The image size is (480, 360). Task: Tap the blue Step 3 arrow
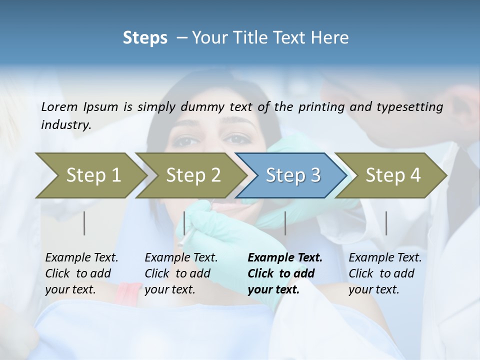pos(293,175)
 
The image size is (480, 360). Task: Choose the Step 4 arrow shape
pos(393,175)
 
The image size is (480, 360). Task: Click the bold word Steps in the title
pos(145,38)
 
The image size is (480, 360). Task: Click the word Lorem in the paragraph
pos(59,106)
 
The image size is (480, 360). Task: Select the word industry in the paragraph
pos(65,125)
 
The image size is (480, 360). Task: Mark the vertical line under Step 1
pos(84,223)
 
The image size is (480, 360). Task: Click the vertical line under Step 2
pos(184,223)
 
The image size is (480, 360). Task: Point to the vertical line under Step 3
pos(285,223)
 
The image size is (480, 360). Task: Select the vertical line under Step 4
pos(386,223)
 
